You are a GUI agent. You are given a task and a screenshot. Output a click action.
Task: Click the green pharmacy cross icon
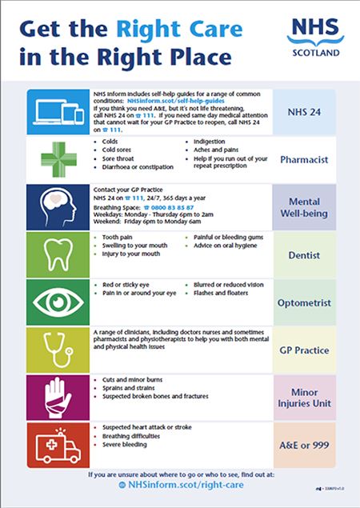[54, 159]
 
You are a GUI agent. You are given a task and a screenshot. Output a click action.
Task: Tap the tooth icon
[54, 255]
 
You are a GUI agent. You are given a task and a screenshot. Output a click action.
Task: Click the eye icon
[54, 302]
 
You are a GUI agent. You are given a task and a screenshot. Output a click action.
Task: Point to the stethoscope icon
[54, 350]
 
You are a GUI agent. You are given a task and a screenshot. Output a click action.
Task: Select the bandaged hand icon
[54, 398]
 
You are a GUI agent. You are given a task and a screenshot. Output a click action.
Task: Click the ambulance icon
[54, 445]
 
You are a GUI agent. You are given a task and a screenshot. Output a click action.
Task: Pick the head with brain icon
[54, 207]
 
